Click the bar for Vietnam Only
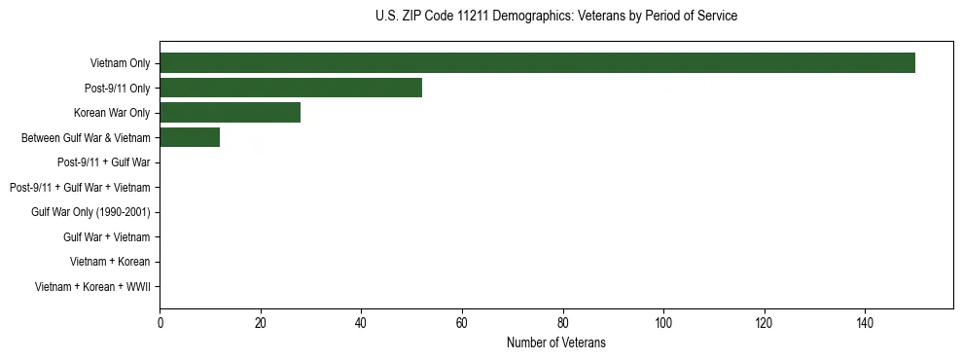[x=537, y=63]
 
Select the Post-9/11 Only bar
[x=291, y=88]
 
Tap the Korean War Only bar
[x=230, y=113]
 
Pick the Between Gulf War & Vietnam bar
[x=190, y=138]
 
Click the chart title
[x=555, y=16]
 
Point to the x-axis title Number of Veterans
[x=555, y=342]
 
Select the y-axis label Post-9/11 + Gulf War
[x=103, y=162]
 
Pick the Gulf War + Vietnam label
[x=106, y=237]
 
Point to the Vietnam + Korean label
[x=110, y=262]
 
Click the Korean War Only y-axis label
[x=112, y=113]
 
